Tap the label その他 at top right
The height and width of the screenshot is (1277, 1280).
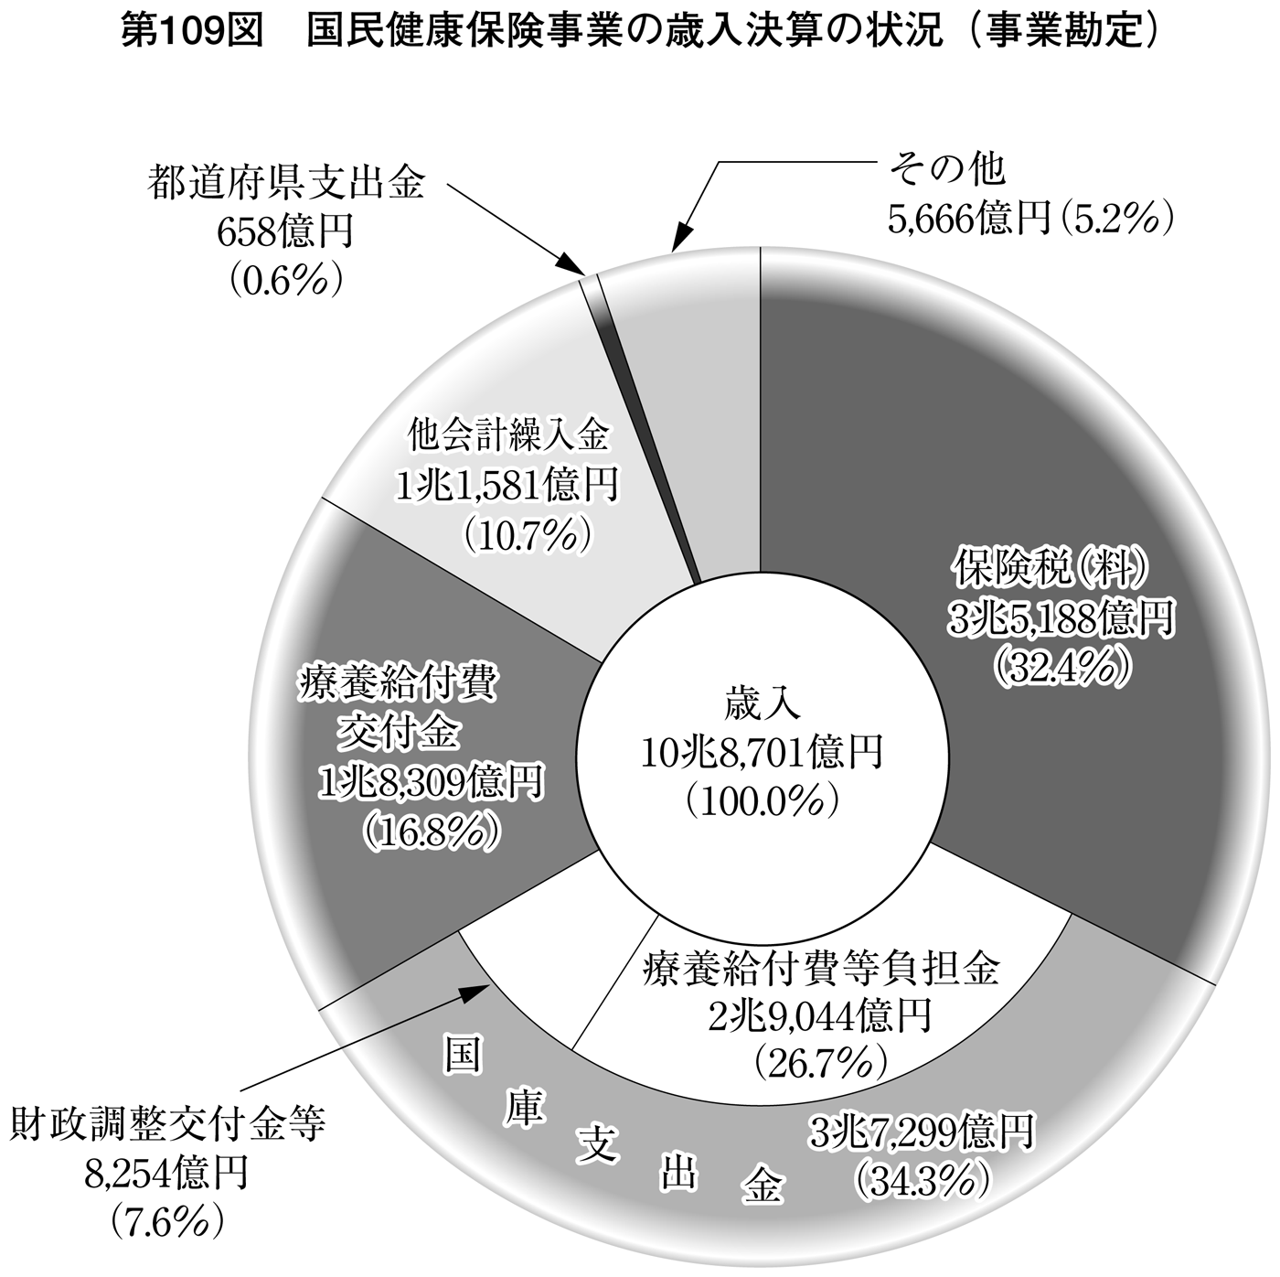tap(948, 170)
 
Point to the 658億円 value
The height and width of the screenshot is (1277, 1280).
tap(284, 231)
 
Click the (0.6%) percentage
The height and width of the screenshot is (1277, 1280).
tap(285, 280)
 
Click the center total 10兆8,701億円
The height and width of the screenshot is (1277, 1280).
tap(762, 756)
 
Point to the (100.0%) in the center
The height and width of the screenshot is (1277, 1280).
tap(763, 803)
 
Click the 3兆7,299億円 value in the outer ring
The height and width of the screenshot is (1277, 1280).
tap(922, 1132)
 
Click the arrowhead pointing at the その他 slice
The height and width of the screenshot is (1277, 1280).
tap(680, 238)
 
